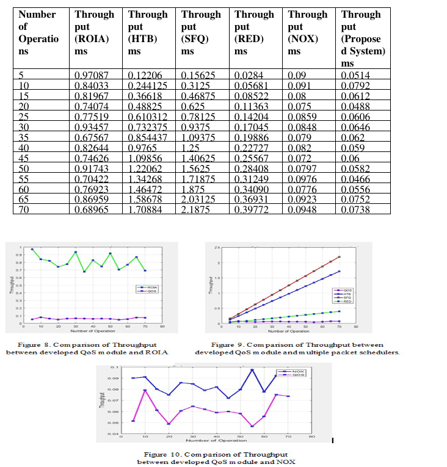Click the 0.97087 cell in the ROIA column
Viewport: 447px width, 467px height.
click(94, 74)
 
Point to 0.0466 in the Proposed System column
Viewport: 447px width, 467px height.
click(355, 178)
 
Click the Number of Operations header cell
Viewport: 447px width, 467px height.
click(37, 32)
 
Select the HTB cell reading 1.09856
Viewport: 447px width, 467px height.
click(147, 157)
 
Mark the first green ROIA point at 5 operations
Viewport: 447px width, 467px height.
click(32, 249)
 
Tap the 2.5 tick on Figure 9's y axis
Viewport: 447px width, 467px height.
click(217, 247)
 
